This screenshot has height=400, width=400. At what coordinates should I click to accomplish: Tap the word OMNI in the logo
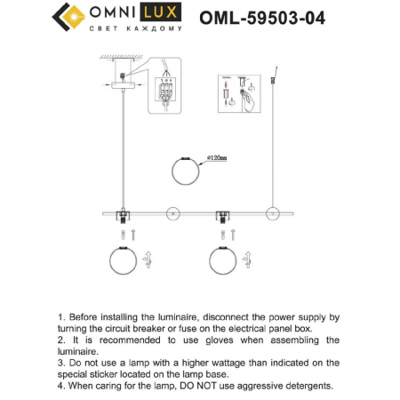pos(116,14)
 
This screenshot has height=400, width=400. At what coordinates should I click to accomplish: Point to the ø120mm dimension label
pos(216,157)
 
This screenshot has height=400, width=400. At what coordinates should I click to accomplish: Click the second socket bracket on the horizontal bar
pos(222,214)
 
